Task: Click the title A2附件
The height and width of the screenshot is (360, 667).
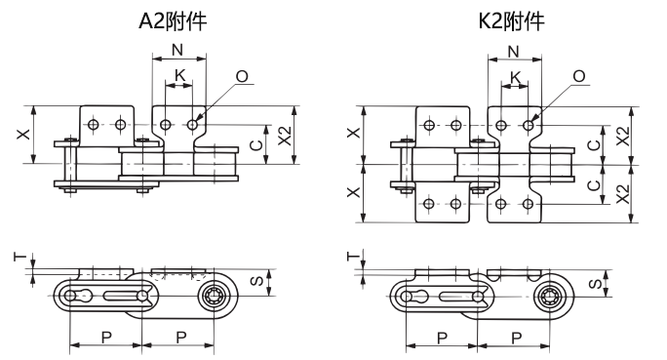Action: pyautogui.click(x=173, y=20)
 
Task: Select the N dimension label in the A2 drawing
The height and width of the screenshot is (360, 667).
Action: pyautogui.click(x=177, y=50)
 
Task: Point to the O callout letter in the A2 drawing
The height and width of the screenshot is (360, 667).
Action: pyautogui.click(x=240, y=75)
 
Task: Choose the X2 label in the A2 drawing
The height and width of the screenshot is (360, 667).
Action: pyautogui.click(x=284, y=136)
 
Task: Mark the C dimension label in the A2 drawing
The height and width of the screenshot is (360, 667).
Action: pyautogui.click(x=256, y=145)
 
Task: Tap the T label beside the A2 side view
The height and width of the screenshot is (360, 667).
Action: pyautogui.click(x=19, y=258)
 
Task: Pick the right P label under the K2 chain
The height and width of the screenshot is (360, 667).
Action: pyautogui.click(x=515, y=337)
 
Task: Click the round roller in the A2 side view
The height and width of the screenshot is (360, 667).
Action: pyautogui.click(x=215, y=297)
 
